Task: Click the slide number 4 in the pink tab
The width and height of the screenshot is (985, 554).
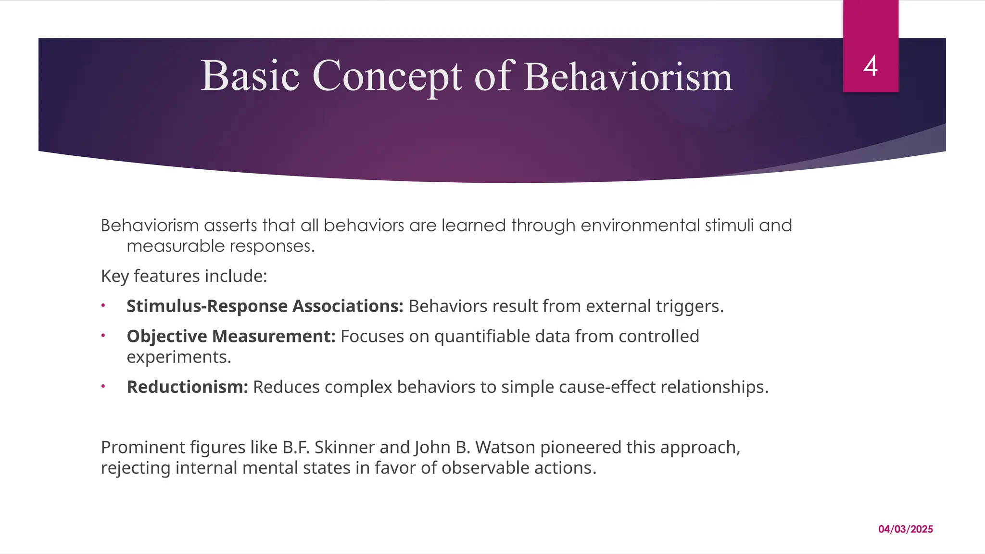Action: coord(871,66)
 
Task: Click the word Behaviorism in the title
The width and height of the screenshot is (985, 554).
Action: coord(628,77)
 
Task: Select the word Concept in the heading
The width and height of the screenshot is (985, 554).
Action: coord(388,77)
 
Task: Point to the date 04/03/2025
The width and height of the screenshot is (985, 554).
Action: coord(906,529)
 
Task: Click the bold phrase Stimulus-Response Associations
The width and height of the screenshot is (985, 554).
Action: coord(265,306)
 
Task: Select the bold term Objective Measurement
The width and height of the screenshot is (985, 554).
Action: coord(231,336)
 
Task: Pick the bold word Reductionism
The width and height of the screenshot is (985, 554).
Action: coord(187,387)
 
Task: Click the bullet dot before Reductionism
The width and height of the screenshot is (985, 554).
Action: coord(103,386)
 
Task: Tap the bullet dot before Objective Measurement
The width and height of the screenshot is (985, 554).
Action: coord(103,335)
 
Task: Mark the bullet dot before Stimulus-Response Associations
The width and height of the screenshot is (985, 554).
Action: coord(103,305)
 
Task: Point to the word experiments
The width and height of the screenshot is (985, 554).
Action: coord(178,357)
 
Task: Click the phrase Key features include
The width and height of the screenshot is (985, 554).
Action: coord(184,277)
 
